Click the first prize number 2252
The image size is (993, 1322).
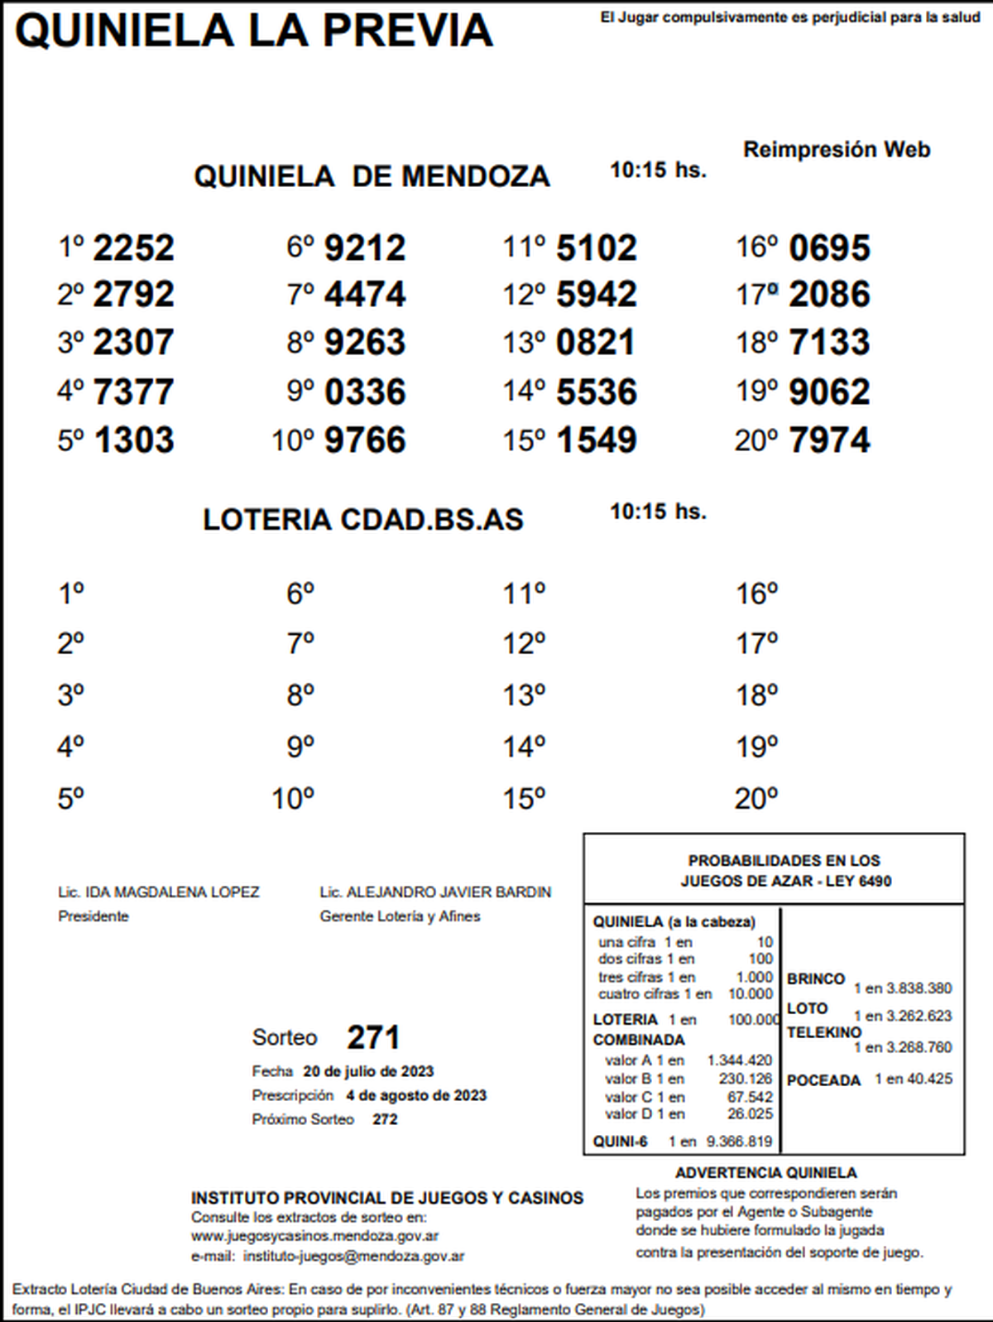(133, 248)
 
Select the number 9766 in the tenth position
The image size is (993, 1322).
(365, 440)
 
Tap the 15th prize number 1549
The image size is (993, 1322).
(597, 440)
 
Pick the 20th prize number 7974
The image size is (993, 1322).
(829, 440)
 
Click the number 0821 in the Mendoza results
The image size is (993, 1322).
(596, 343)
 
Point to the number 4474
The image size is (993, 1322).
(365, 295)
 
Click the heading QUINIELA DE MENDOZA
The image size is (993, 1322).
(372, 176)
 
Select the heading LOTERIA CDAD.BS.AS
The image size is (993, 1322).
(363, 520)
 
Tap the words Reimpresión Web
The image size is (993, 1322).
(837, 150)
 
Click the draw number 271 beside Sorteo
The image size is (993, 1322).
(373, 1037)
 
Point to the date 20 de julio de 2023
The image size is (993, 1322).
(368, 1071)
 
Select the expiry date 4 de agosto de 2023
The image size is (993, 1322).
(416, 1095)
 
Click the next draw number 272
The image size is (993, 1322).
(385, 1119)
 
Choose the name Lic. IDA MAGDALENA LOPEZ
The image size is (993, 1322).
(159, 892)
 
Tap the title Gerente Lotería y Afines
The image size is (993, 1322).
(400, 916)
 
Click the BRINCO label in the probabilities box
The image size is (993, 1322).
(816, 978)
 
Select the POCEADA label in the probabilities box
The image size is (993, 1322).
(823, 1080)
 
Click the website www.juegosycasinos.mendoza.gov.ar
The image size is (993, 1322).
(314, 1236)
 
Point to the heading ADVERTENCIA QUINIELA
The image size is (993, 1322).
(765, 1173)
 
